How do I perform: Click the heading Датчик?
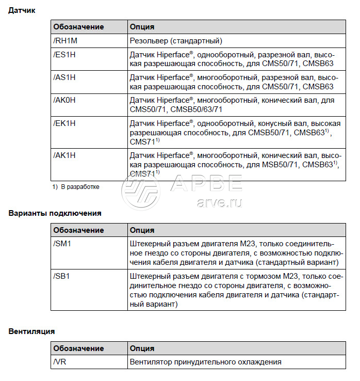(x=22, y=10)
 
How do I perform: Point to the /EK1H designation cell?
(x=64, y=123)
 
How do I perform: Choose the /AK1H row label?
(x=64, y=154)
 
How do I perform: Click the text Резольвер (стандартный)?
(x=176, y=40)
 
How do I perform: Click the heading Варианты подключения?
(x=55, y=213)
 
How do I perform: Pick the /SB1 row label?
(x=62, y=276)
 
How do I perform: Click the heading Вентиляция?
(x=31, y=331)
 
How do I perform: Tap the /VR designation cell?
(x=60, y=362)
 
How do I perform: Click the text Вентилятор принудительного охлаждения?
(x=205, y=362)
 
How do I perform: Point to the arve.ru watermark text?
(x=220, y=202)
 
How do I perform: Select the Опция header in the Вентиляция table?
(x=142, y=348)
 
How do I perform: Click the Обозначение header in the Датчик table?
(x=78, y=27)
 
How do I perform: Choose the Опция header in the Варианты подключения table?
(x=142, y=230)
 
